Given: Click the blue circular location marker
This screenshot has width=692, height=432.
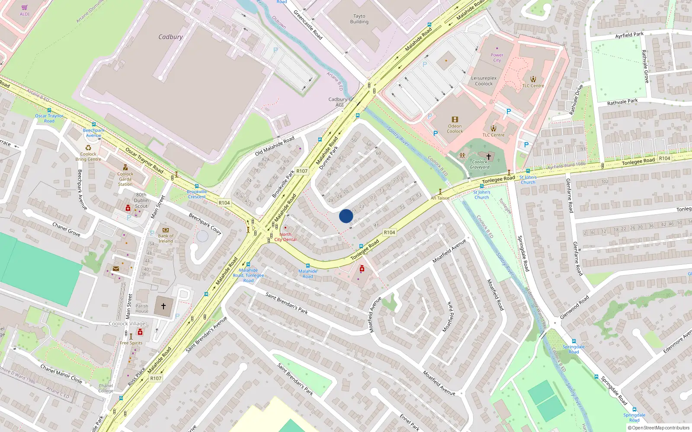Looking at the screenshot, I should point(346,216).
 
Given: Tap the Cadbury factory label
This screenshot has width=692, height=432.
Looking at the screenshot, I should point(170,37).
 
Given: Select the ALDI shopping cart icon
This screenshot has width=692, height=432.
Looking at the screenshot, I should point(25,7).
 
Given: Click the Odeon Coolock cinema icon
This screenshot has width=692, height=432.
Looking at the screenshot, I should point(455,120).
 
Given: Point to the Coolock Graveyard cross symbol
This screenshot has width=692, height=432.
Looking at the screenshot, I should point(489,156).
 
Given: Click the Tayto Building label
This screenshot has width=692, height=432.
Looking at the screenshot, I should point(359,19).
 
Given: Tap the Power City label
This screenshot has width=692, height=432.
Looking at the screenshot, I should point(497,57).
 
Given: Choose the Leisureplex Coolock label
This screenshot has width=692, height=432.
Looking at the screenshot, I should point(484,81).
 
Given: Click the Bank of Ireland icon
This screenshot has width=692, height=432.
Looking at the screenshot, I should point(165,230).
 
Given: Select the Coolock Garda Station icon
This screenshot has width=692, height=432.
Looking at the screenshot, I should point(125,168).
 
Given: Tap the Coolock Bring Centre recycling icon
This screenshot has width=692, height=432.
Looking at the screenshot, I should point(88,148).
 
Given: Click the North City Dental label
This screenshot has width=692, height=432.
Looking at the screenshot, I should point(285,237).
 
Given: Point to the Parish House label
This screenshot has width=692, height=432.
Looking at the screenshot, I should point(141,308).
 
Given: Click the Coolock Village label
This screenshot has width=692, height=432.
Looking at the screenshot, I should point(127,324).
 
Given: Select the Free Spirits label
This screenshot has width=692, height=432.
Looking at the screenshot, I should point(131,343).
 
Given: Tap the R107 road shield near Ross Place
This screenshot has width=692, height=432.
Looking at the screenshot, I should point(156,378).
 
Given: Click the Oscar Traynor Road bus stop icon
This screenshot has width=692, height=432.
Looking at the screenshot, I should point(49,111).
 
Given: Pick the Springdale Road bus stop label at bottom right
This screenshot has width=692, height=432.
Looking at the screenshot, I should point(634,417).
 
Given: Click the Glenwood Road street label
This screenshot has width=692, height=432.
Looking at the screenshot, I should point(574,308).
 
